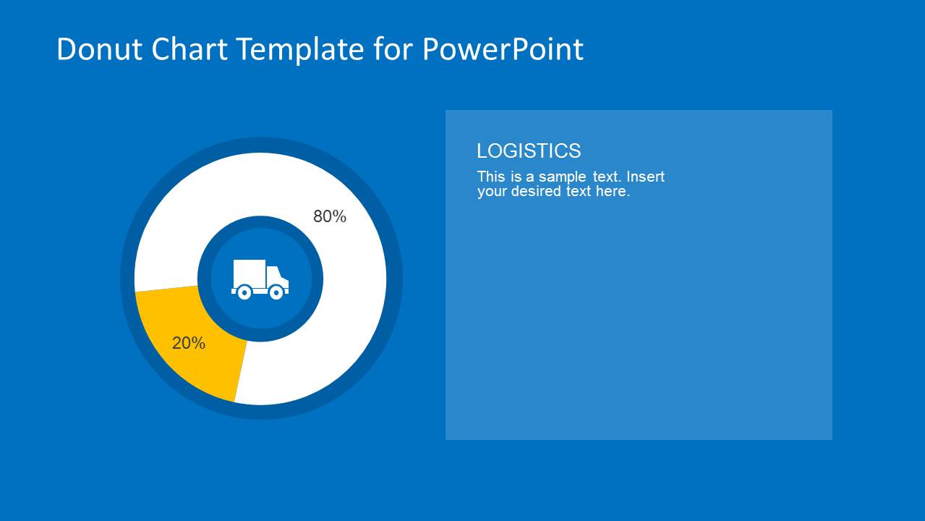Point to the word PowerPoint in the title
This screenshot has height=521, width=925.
[x=503, y=50]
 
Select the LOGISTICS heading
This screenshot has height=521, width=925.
[x=529, y=151]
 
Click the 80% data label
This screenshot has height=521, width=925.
[x=330, y=216]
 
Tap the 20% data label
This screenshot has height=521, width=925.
[x=189, y=344]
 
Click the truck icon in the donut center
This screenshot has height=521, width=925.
[x=260, y=279]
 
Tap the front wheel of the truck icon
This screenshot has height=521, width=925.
[x=276, y=292]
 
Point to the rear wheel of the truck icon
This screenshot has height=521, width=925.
[x=244, y=292]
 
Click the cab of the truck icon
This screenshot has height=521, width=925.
[x=277, y=277]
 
